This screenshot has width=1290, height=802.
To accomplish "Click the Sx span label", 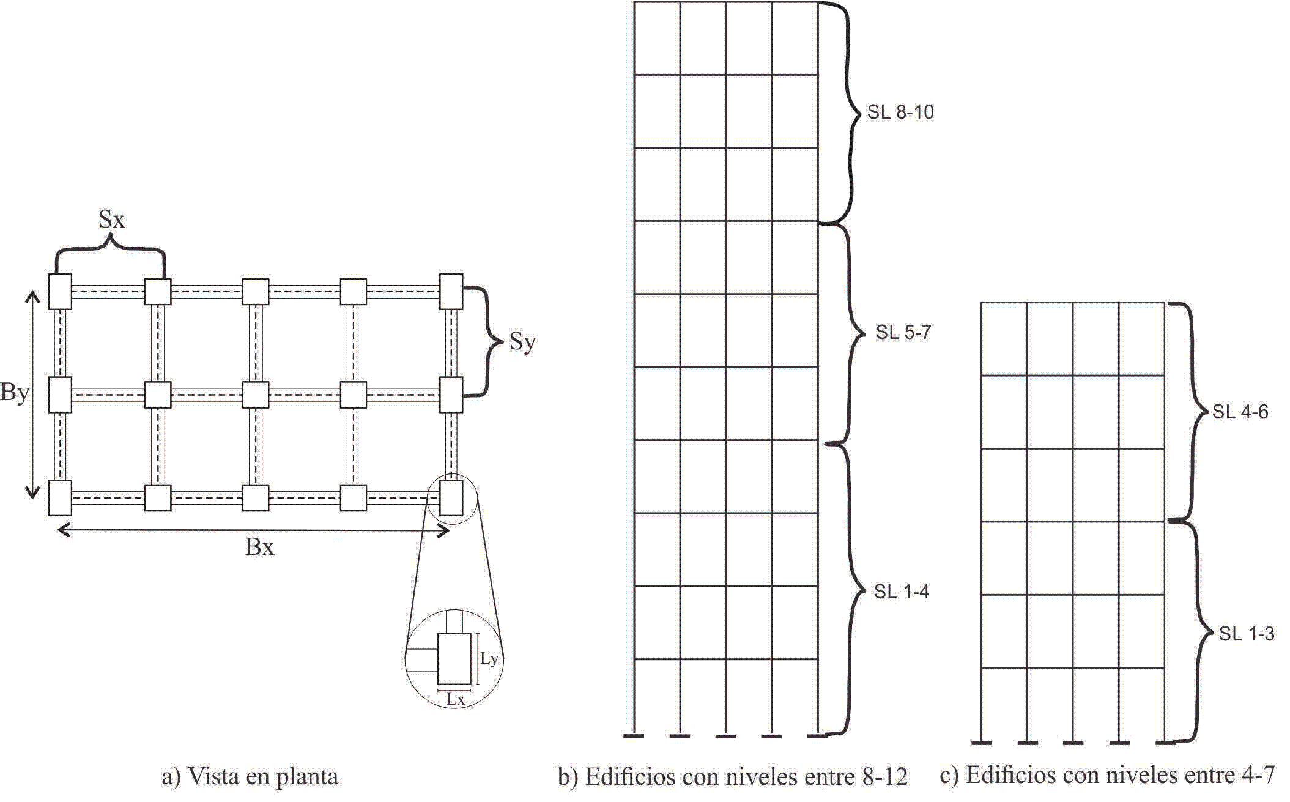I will click(x=112, y=219).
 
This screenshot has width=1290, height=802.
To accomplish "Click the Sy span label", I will click(x=522, y=342).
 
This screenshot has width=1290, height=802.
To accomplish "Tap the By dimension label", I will click(x=15, y=392).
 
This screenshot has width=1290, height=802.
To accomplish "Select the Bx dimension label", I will click(x=259, y=547).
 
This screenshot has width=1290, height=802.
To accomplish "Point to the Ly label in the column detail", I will click(x=489, y=659).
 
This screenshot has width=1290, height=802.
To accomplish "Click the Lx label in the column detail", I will click(x=455, y=699).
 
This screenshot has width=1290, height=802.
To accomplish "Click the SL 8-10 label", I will click(x=900, y=113).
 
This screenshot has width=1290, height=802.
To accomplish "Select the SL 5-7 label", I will click(x=903, y=332).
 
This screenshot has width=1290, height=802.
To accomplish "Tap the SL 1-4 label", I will click(x=901, y=592).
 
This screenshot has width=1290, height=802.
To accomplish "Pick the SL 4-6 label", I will click(x=1240, y=412).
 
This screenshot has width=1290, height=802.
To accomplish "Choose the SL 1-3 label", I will click(x=1246, y=634).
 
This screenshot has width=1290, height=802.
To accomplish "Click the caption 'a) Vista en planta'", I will click(x=250, y=776).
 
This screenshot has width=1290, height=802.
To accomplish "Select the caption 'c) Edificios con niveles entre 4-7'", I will click(x=1107, y=775).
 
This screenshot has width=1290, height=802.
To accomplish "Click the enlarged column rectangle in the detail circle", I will click(x=454, y=659).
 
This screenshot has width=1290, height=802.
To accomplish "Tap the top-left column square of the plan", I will click(x=60, y=292).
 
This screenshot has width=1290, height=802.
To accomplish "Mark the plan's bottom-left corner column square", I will click(x=60, y=498).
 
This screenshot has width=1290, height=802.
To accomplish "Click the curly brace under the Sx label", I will click(x=110, y=251).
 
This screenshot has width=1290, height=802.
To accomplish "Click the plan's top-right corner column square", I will click(x=451, y=292).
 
